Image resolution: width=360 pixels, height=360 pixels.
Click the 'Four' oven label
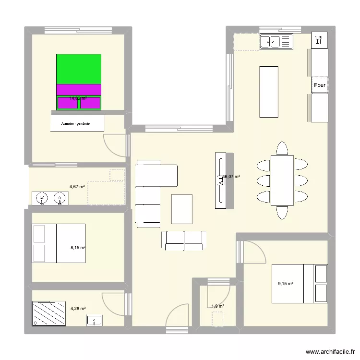click(320, 85)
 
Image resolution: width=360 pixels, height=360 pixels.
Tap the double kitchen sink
click(276, 42)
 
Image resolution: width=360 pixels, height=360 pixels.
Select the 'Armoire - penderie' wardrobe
click(77, 123)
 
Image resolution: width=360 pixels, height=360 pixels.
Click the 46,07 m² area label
click(231, 177)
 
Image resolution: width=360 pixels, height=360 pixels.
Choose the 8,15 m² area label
click(77, 248)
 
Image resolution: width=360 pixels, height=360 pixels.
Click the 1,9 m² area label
click(217, 306)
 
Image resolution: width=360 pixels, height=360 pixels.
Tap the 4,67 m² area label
click(77, 186)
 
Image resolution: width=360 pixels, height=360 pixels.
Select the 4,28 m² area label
click(78, 309)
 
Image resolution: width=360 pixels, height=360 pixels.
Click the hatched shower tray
click(48, 313)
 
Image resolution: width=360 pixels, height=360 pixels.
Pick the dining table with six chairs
click(282, 180)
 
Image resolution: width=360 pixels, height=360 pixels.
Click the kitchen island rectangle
click(269, 92)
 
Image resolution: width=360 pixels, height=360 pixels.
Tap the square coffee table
click(182, 209)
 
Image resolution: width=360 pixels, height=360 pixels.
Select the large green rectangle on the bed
click(79, 69)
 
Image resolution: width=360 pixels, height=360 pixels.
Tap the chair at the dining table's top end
click(282, 148)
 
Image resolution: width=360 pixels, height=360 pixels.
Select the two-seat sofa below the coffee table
click(184, 240)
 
